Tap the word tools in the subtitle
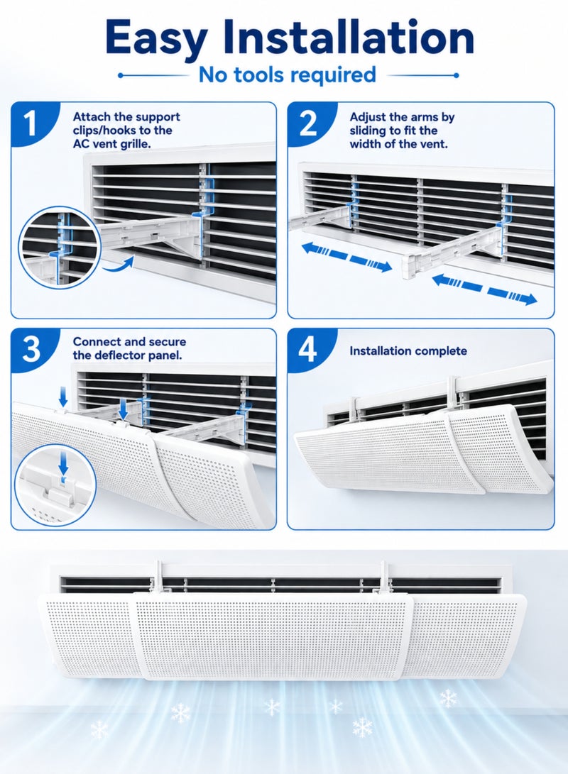[258, 74]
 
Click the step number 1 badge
[31, 123]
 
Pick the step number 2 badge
[308, 123]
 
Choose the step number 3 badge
[31, 350]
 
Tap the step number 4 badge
[308, 350]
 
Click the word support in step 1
[158, 118]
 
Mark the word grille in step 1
[134, 145]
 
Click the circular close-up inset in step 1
[60, 248]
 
